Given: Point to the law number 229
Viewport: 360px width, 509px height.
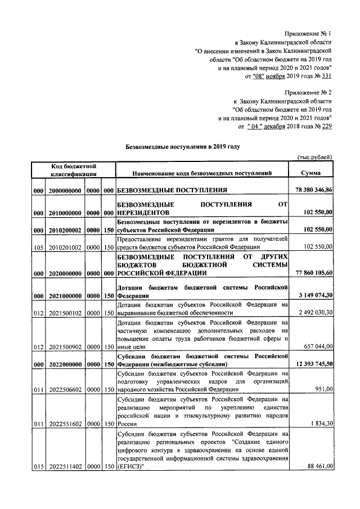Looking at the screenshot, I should pos(326,127).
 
